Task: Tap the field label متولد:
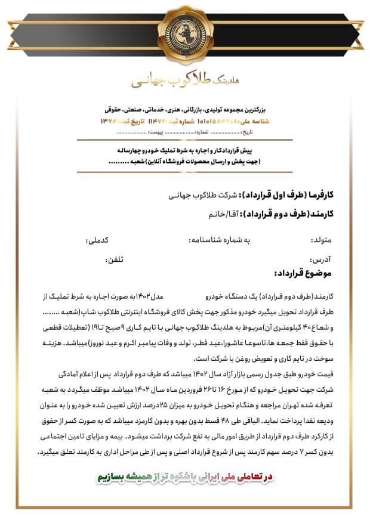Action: [320, 241]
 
